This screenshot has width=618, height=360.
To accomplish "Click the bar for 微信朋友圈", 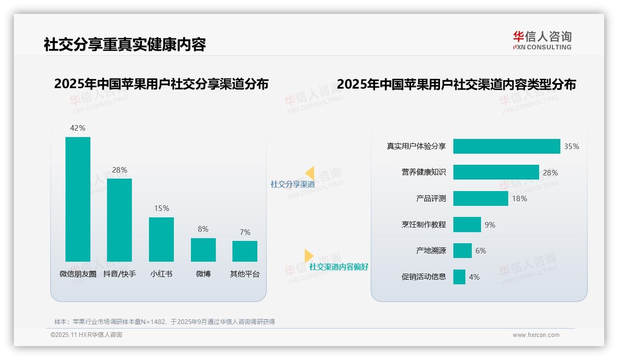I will (78, 199).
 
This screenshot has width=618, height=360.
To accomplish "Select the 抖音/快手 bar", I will (119, 220).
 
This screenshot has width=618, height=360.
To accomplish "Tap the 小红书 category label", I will (161, 274).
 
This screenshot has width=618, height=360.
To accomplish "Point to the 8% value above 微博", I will (203, 229).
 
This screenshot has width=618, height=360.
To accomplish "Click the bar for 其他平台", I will (245, 251).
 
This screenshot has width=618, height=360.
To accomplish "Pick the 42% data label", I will (77, 128).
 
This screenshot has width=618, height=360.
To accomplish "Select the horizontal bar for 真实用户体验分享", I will (506, 146).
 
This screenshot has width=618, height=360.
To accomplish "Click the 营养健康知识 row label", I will (423, 172).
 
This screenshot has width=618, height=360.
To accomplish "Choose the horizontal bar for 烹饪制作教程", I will (467, 225).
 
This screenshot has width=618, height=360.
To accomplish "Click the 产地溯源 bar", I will (462, 251).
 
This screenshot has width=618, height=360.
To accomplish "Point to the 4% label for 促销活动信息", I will (474, 277).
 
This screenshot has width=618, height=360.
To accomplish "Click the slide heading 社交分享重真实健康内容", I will (125, 44).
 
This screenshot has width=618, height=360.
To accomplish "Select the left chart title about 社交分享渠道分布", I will (161, 84).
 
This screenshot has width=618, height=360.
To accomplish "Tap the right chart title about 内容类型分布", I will (456, 84).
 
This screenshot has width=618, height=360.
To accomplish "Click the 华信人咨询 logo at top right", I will (542, 41).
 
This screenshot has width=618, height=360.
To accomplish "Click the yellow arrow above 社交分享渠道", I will (309, 173).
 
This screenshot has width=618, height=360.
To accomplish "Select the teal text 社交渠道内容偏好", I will (339, 267).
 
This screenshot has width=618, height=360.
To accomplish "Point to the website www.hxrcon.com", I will (535, 335).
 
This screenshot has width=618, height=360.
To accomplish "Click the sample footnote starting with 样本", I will (164, 322).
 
